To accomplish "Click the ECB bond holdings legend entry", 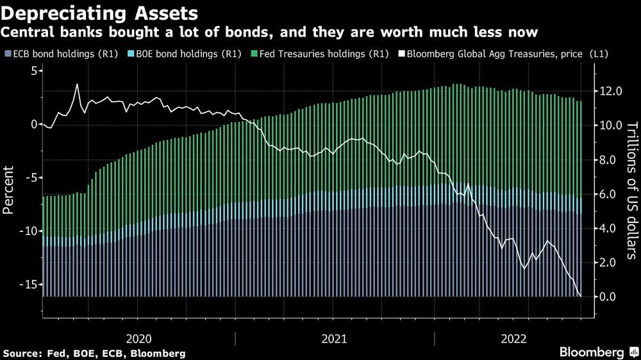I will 61,54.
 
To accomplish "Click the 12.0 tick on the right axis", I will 610,92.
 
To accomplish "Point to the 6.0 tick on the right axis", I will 610,194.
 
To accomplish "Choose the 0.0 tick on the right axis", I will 610,297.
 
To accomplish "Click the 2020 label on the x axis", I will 139,338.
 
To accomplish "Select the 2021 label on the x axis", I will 334,338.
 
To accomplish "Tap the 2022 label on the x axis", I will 515,338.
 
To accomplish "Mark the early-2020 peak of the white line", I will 77,85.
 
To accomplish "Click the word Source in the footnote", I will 21,353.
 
